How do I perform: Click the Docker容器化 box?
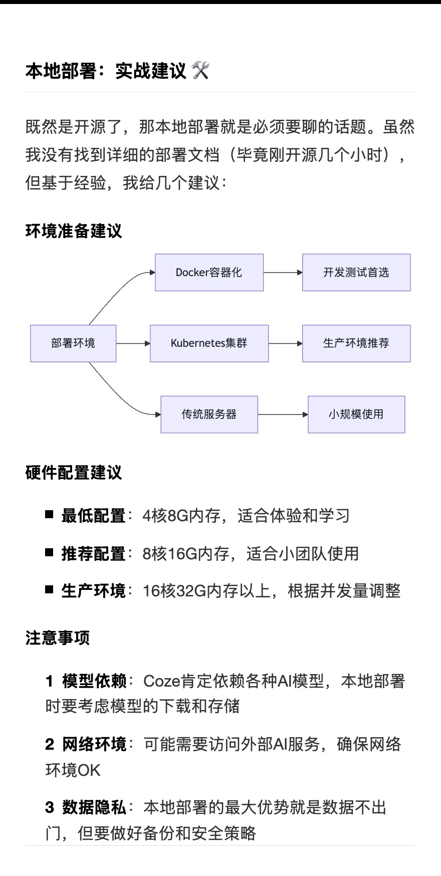pos(209,273)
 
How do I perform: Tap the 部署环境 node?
pos(73,343)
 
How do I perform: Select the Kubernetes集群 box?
pos(209,343)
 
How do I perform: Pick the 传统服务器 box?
pos(209,414)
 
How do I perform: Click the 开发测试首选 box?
pos(356,273)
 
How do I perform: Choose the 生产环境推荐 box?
pos(356,343)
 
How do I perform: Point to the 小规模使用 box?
pos(356,414)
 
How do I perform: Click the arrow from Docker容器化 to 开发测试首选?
pos(283,273)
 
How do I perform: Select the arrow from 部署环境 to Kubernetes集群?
pos(133,343)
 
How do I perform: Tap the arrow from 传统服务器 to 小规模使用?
pos(283,414)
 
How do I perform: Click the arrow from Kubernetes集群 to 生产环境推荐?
pos(286,343)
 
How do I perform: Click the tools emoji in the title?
pos(200,71)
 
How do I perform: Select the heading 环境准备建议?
pos(74,231)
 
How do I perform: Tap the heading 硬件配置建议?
pos(74,473)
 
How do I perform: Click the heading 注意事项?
pos(58,638)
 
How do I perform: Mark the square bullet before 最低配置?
pos(49,514)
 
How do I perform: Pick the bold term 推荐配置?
pos(94,553)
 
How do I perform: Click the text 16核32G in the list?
pos(175,591)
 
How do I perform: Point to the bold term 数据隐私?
pos(94,807)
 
